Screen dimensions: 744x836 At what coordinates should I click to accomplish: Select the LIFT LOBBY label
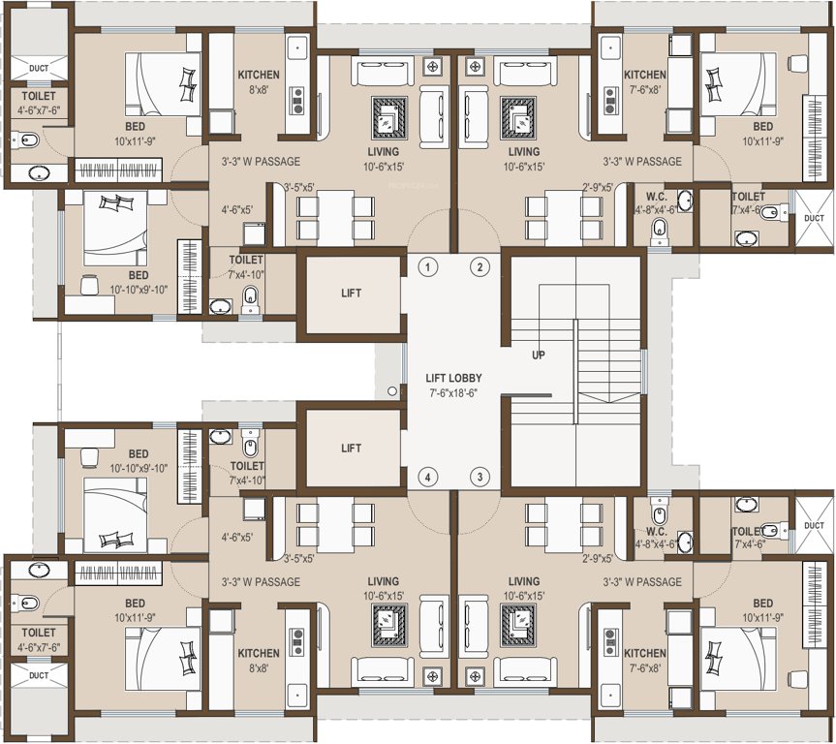click(x=453, y=378)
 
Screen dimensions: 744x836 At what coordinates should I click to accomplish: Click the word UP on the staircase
click(x=539, y=355)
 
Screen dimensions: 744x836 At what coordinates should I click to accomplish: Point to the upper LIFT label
click(x=351, y=294)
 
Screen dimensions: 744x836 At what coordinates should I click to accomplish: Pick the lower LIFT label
click(x=351, y=449)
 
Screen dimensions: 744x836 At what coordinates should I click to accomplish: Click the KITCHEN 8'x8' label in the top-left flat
click(x=259, y=81)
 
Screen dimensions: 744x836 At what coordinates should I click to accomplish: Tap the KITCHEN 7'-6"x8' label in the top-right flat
click(x=644, y=81)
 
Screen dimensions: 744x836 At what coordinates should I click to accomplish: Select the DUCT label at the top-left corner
click(x=38, y=68)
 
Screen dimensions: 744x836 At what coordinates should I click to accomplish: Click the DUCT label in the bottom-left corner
click(x=38, y=675)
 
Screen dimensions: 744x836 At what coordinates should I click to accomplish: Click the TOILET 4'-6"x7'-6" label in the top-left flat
click(x=38, y=103)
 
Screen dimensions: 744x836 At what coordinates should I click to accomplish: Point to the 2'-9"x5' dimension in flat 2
click(x=598, y=187)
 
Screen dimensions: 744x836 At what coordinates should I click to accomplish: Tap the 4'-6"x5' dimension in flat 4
click(x=237, y=536)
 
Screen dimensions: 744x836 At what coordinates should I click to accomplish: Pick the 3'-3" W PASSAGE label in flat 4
click(x=255, y=582)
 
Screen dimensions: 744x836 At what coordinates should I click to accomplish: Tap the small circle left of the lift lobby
click(x=391, y=391)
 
